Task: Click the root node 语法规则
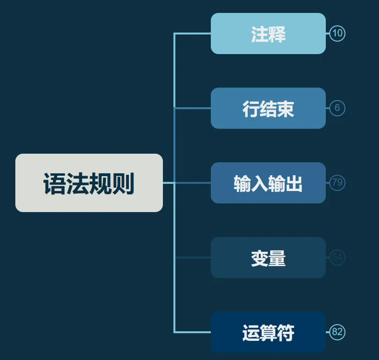[x=89, y=183]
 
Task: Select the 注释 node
[x=268, y=34]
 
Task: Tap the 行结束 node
[x=268, y=108]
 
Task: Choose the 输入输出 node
[x=268, y=183]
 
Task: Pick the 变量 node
[x=268, y=258]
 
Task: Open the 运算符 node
[x=268, y=332]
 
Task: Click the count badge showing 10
[x=337, y=34]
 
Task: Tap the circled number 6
[x=337, y=108]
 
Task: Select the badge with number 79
[x=337, y=183]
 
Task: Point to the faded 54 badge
[x=337, y=258]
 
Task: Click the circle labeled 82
[x=337, y=332]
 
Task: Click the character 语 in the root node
[x=55, y=184]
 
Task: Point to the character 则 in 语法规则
[x=124, y=184]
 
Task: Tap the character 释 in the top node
[x=277, y=34]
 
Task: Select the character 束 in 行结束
[x=286, y=109]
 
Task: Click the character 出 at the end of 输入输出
[x=294, y=184]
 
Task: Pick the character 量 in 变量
[x=277, y=259]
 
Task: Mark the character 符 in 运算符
[x=286, y=333]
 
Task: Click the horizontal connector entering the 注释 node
[x=193, y=34]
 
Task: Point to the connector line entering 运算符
[x=193, y=332]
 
